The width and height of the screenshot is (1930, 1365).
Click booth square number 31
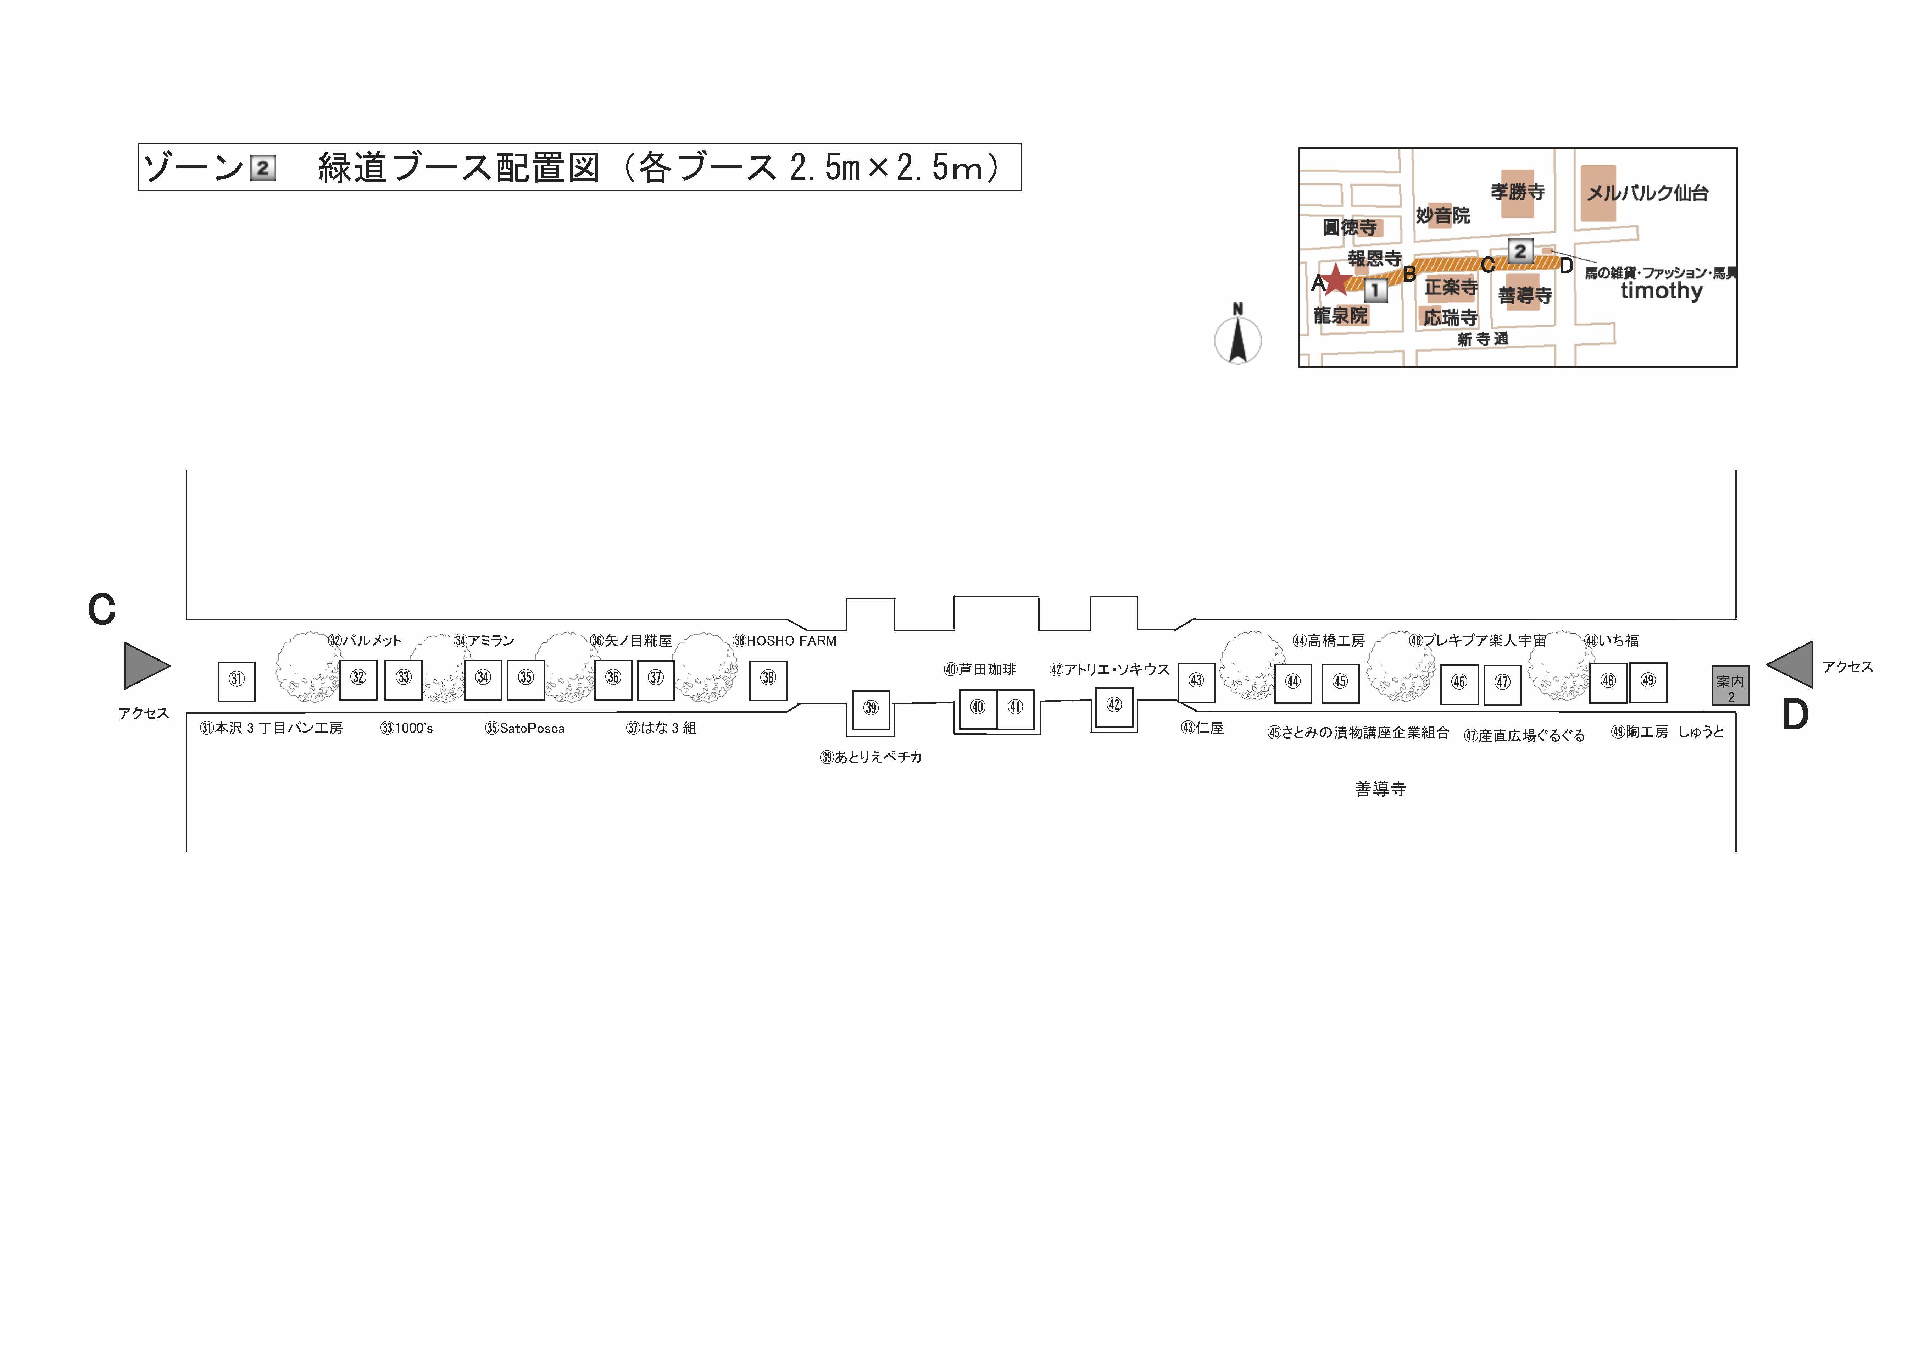pos(236,681)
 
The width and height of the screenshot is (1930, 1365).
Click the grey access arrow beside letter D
pos(1789,664)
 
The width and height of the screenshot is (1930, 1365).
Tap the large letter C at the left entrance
pos(102,610)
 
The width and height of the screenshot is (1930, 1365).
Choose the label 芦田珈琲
pos(987,669)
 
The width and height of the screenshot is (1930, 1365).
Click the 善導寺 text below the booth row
pos(1380,789)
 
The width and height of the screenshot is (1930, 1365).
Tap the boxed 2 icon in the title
pos(263,168)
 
